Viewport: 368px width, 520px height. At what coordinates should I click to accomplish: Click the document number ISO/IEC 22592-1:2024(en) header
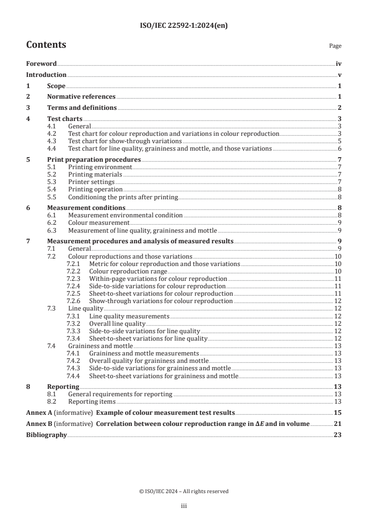[184, 26]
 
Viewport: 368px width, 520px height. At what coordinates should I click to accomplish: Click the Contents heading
[46, 45]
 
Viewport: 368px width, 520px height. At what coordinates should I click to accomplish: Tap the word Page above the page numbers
[335, 46]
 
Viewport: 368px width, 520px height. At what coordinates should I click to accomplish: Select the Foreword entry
[41, 63]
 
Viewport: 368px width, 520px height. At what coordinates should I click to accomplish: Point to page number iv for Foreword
[338, 63]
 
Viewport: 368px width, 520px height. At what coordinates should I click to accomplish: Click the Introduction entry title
[46, 75]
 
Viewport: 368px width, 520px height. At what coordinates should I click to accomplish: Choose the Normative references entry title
[81, 96]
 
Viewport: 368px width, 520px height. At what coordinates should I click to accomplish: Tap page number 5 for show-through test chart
[340, 141]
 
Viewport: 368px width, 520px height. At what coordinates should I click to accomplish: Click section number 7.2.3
[73, 279]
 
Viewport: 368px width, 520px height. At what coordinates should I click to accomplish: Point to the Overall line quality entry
[117, 323]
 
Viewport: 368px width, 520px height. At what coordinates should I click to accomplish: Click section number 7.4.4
[73, 376]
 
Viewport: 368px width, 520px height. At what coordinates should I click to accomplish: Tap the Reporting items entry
[92, 401]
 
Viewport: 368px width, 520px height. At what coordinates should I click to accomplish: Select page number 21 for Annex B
[338, 424]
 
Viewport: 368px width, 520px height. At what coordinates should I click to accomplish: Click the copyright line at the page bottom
[184, 491]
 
